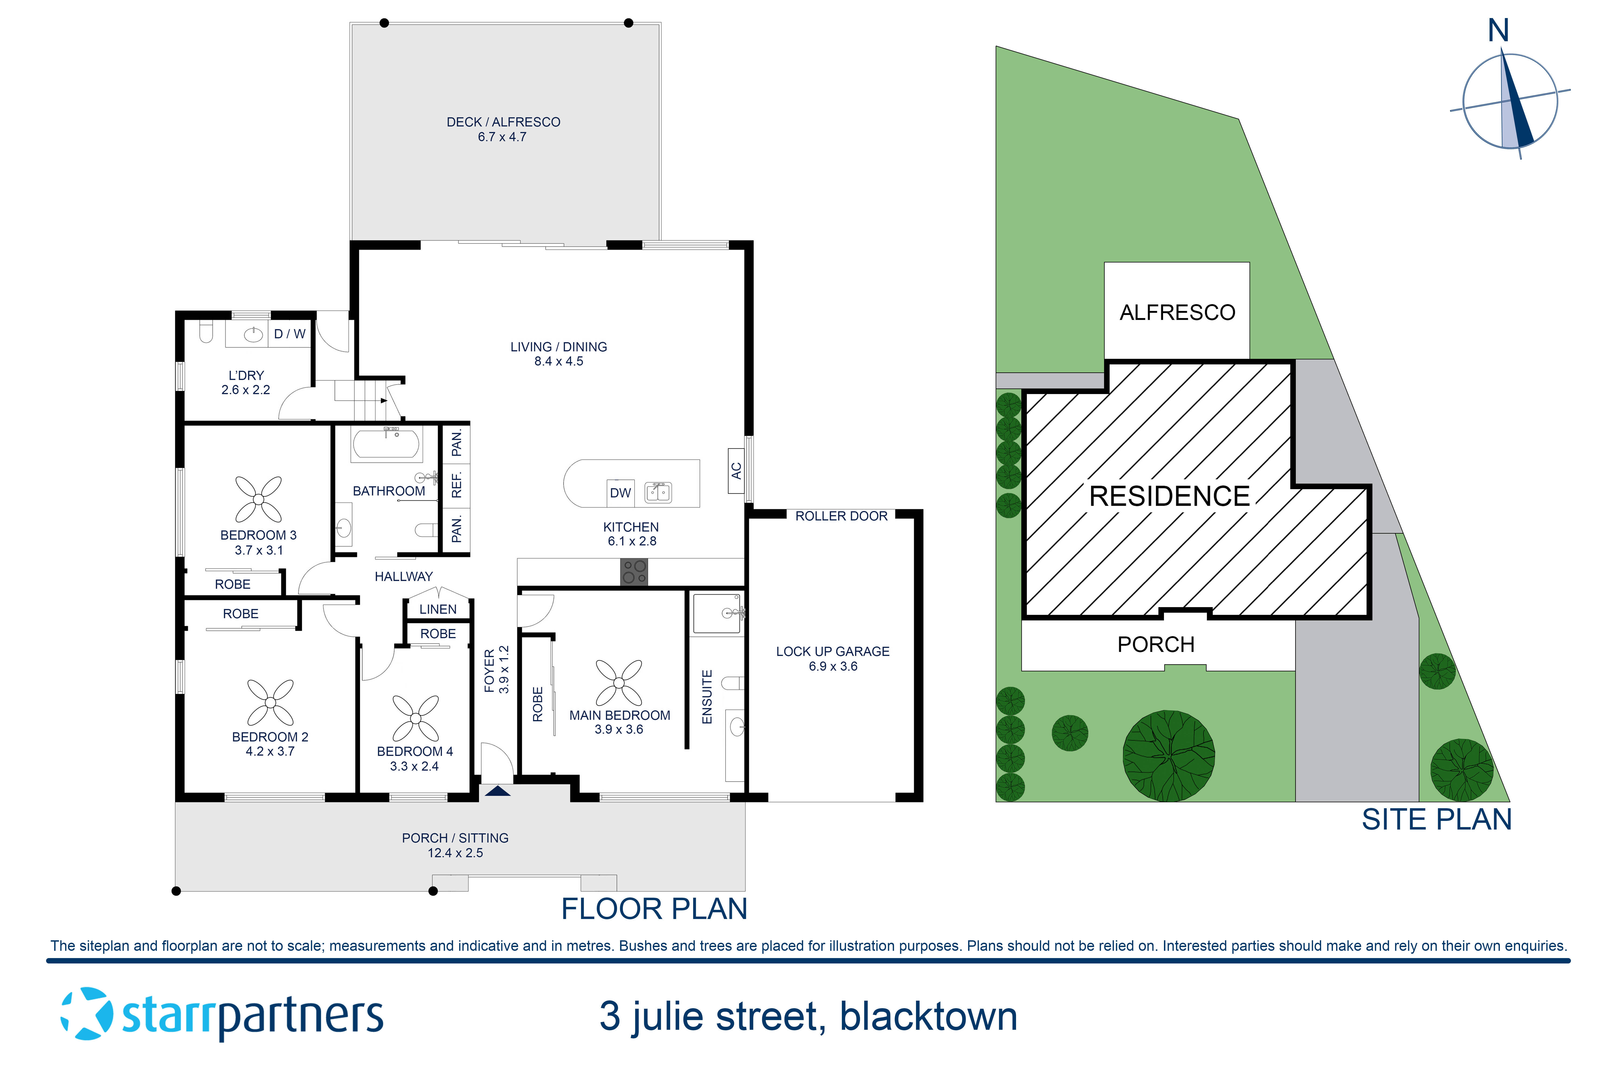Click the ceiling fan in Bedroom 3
pos(258,499)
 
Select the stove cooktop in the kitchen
pos(634,572)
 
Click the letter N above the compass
pos(1499,31)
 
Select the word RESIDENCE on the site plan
pos(1169,496)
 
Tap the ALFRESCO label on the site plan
pos(1177,313)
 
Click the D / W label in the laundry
pos(289,334)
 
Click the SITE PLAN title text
pos(1436,820)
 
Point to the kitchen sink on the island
pos(658,492)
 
